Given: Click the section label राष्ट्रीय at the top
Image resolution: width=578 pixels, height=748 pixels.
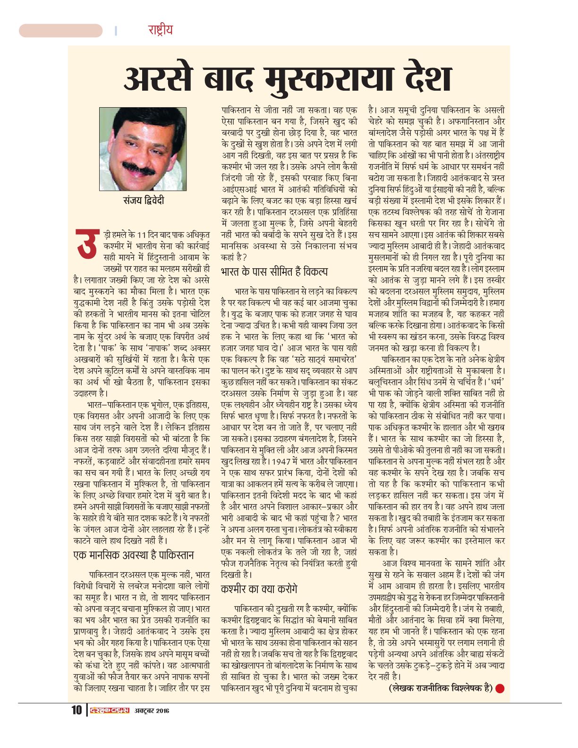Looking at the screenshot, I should (160, 30).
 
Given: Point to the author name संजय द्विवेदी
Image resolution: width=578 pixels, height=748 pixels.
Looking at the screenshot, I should (143, 200).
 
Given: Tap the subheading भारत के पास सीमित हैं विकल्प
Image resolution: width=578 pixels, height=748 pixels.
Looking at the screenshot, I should (274, 272).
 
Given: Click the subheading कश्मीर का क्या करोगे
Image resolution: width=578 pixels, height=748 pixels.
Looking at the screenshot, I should (259, 589).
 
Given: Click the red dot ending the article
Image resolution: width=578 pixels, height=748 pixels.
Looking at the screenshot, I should (500, 688).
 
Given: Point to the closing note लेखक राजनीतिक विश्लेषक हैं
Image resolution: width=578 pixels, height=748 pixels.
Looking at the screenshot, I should (440, 688).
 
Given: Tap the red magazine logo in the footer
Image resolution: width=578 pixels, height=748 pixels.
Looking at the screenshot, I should (109, 710).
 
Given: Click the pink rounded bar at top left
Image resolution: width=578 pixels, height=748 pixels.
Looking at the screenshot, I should (60, 31).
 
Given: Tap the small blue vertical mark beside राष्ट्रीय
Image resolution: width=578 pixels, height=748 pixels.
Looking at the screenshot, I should (116, 31).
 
